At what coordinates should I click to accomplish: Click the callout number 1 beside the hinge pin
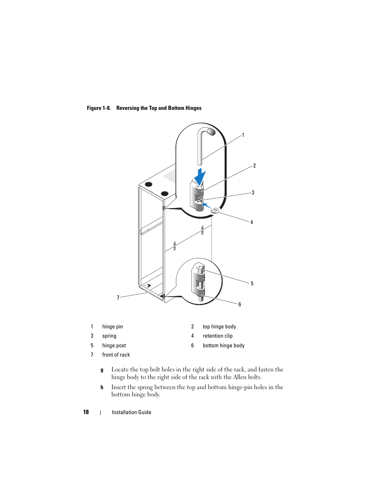click(x=243, y=135)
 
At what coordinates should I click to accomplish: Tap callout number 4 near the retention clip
click(x=252, y=222)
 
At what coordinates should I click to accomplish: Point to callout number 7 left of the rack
click(x=118, y=298)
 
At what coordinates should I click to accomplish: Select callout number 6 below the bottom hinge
click(x=240, y=305)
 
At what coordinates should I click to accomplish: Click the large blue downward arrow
click(x=200, y=177)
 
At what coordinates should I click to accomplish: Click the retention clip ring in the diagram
click(x=215, y=210)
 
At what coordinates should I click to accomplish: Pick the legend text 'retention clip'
click(x=217, y=336)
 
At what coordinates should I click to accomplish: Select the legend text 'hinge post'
click(x=114, y=346)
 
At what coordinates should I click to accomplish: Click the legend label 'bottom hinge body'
click(x=223, y=346)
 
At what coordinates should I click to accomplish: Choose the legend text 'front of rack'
click(x=116, y=355)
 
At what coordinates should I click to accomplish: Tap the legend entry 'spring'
click(x=109, y=336)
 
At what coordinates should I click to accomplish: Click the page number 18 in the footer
click(x=86, y=412)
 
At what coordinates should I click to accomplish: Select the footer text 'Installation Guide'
click(x=131, y=412)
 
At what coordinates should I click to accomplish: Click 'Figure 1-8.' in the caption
click(x=99, y=108)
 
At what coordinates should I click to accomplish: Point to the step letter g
click(x=102, y=370)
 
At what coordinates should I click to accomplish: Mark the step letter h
click(x=102, y=388)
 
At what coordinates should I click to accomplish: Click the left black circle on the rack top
click(x=149, y=184)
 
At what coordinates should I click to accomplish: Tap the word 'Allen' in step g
click(x=240, y=377)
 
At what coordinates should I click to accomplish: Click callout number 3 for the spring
click(x=253, y=193)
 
